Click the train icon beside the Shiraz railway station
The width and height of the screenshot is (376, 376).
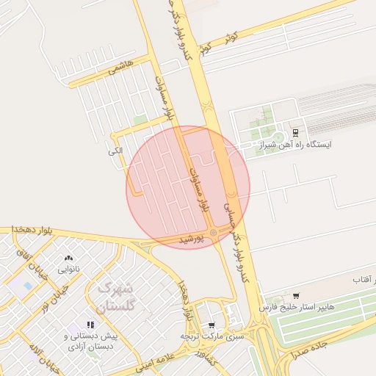pyautogui.click(x=295, y=132)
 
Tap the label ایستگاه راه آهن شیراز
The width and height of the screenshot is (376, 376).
pyautogui.click(x=294, y=145)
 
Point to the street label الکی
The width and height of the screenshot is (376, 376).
pyautogui.click(x=115, y=151)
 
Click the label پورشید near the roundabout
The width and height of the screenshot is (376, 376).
pyautogui.click(x=193, y=239)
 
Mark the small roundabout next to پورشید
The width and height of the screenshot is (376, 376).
pyautogui.click(x=213, y=234)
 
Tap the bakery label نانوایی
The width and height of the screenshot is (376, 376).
pyautogui.click(x=69, y=270)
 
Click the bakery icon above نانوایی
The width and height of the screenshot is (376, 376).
pyautogui.click(x=69, y=258)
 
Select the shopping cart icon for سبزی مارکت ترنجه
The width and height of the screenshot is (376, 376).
pyautogui.click(x=212, y=325)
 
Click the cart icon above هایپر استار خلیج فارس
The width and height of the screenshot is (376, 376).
pyautogui.click(x=295, y=295)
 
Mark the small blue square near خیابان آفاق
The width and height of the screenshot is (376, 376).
pyautogui.click(x=28, y=285)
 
